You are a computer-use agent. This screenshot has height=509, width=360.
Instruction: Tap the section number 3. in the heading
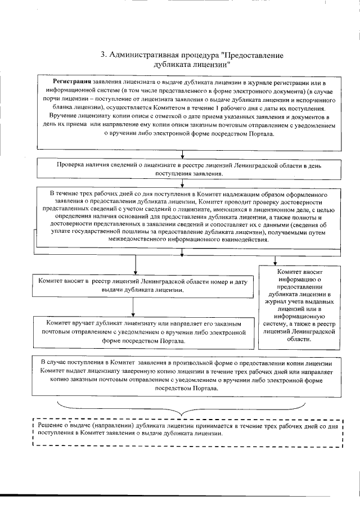[103, 55]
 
